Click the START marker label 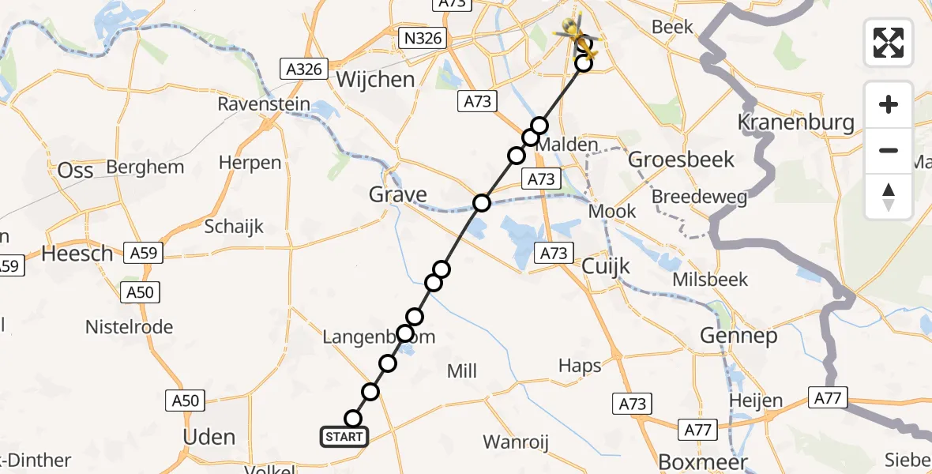point(344,437)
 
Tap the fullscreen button point(889,43)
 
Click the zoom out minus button point(889,150)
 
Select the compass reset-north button point(889,197)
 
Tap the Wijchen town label point(375,79)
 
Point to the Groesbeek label point(681,160)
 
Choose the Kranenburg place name point(795,122)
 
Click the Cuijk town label point(606,266)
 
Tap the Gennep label point(738,336)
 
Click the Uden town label point(209,437)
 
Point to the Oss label point(76,170)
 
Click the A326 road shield point(304,70)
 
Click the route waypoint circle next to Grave point(482,204)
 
